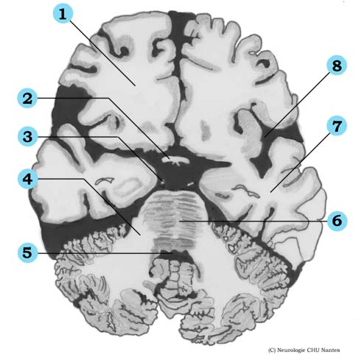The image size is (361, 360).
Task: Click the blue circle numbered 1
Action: point(63,13)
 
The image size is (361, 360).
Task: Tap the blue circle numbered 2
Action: point(27,98)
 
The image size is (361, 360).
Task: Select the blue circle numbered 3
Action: point(27,136)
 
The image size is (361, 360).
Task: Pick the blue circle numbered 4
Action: point(27,179)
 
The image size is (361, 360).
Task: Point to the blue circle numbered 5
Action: point(27,253)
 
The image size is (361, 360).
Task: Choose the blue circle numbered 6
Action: point(337,221)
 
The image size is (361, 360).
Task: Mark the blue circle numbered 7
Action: point(337,126)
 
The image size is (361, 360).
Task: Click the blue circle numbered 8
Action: point(337,66)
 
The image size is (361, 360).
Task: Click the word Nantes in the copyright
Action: point(331,350)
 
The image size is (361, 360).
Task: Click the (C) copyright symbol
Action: point(272,350)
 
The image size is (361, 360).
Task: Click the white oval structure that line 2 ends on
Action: point(175,160)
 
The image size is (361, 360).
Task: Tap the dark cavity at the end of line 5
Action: point(175,254)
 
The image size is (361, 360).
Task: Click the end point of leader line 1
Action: point(135,85)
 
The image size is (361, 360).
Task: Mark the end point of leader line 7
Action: point(270,191)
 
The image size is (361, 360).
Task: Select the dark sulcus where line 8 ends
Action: point(265,136)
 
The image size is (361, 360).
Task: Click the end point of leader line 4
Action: point(141,235)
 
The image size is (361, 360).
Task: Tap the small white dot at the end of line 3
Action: point(162,182)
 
